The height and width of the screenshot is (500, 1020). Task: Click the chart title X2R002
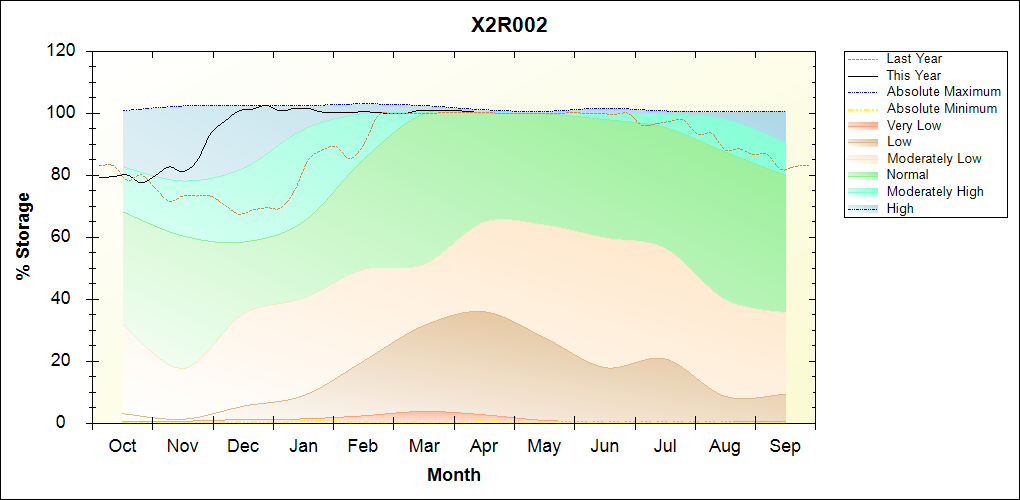pos(509,25)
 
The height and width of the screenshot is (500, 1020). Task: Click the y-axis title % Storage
pos(24,243)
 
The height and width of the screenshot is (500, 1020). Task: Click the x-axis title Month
pos(454,475)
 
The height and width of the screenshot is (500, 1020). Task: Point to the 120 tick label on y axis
pos(63,51)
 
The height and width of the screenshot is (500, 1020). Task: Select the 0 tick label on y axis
pos(73,423)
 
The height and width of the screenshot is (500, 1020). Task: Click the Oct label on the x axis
pos(123,446)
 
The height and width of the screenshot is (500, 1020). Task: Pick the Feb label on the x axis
pos(364,446)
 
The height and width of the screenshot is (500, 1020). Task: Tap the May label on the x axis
pos(544,446)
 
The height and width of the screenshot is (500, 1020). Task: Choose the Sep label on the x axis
pos(785,446)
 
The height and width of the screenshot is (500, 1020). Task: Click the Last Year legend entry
pos(914,59)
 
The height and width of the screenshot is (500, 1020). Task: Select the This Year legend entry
pos(914,75)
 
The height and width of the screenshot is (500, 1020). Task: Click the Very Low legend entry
pos(914,125)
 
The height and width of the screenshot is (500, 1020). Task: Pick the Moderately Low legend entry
pos(934,158)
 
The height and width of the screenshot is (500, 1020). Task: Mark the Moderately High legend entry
pos(935,191)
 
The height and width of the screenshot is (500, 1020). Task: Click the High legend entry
pos(900,208)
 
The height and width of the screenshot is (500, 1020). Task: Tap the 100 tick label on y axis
pos(63,113)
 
